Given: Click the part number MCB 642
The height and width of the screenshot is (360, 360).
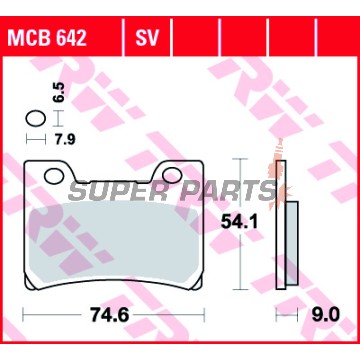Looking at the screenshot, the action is click(47, 38).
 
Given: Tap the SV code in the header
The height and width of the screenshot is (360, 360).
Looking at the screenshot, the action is click(147, 38).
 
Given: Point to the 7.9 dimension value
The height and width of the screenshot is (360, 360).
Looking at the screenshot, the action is click(64, 140).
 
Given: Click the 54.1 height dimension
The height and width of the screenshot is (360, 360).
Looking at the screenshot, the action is click(240, 223).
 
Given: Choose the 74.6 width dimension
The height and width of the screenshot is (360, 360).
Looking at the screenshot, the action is click(110, 315).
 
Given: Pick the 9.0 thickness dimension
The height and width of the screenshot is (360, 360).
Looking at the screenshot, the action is click(325, 315).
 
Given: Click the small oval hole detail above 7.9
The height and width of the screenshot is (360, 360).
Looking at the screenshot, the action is click(35, 118).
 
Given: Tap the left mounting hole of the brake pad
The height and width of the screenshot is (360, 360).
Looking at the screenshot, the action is click(54, 176).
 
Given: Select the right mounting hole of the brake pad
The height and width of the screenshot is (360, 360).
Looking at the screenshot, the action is click(172, 175).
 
